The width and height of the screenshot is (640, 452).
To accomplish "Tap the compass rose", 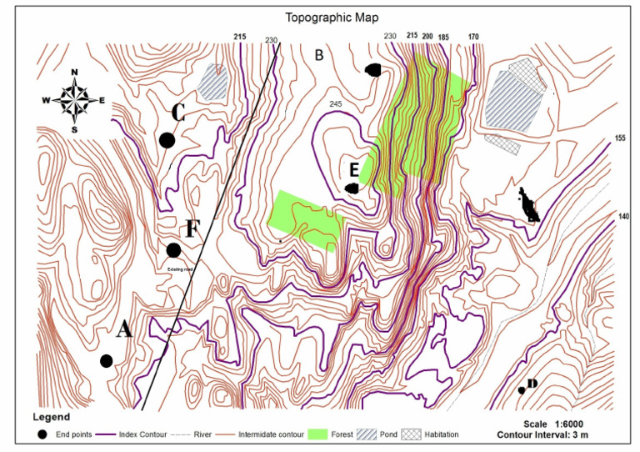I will (x=75, y=99).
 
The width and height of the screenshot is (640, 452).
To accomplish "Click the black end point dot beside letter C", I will (x=167, y=140).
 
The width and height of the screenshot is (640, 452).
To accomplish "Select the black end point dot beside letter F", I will (x=173, y=250).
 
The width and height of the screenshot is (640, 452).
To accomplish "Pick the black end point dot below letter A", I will (x=106, y=360).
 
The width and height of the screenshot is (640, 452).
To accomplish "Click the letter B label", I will (x=317, y=56).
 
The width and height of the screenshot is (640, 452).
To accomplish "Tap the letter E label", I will (x=354, y=170).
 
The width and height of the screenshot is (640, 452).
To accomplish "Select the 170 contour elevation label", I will (x=474, y=37).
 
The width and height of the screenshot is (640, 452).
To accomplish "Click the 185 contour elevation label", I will (x=442, y=37).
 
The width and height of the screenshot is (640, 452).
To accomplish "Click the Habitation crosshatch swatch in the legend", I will (x=412, y=434).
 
